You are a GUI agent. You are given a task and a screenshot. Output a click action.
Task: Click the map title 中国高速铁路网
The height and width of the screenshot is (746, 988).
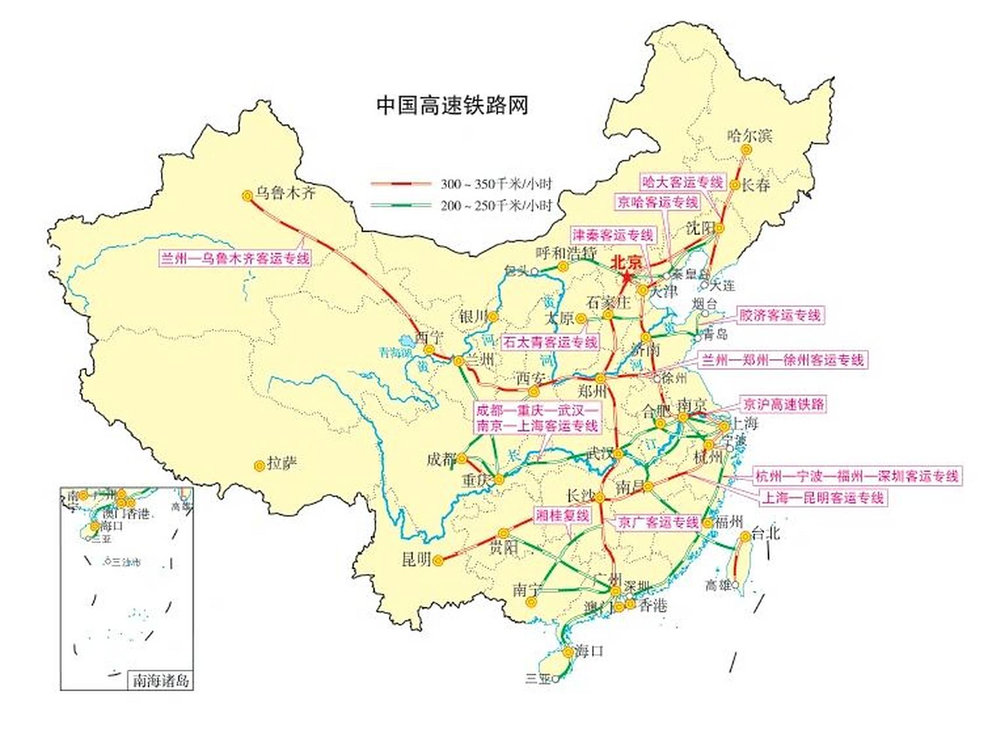point(451,105)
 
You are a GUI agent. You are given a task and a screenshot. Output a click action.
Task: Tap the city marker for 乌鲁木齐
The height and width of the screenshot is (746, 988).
point(247,196)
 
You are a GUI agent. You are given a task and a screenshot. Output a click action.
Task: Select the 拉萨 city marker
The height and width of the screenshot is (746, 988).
point(259,466)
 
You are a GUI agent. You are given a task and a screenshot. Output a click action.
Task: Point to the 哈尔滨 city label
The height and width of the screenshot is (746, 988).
point(749,136)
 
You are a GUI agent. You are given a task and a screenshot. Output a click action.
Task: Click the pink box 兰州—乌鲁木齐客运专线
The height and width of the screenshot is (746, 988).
point(235,258)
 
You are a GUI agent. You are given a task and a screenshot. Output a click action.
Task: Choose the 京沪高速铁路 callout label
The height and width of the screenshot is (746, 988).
point(784,404)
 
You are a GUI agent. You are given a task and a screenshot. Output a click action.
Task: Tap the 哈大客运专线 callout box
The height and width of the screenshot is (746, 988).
point(682,182)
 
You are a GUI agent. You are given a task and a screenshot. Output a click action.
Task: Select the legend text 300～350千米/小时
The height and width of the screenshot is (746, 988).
point(496,184)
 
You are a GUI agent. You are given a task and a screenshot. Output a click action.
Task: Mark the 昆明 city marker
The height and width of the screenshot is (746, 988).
point(438,561)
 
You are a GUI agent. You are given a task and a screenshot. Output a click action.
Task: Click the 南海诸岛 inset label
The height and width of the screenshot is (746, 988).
point(161,680)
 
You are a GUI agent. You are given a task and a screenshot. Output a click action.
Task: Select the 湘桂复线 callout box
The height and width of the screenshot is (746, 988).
point(562,515)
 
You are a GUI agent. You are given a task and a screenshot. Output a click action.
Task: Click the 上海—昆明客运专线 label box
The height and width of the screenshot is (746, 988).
point(823,498)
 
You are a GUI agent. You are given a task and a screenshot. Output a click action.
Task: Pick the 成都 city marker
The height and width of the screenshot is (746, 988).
point(462,459)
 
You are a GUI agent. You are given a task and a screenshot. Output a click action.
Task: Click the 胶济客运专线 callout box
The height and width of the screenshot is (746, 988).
point(780,315)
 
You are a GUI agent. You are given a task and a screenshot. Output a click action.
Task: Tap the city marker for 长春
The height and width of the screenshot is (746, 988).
point(735,185)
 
